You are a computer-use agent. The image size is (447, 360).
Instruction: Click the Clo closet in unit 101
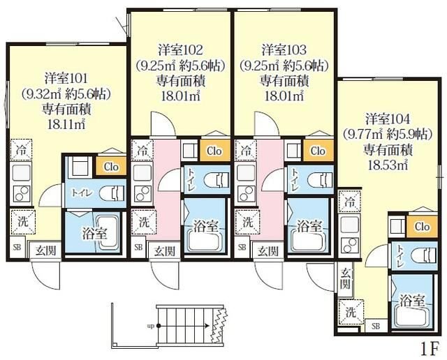pyautogui.click(x=111, y=166)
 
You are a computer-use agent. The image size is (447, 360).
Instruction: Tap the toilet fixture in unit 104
pyautogui.click(x=424, y=255)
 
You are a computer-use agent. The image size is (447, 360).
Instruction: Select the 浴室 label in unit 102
pyautogui.click(x=205, y=227)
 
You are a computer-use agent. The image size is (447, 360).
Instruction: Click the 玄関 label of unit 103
pyautogui.click(x=268, y=251)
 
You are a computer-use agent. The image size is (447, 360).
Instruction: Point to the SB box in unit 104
pyautogui.click(x=376, y=326)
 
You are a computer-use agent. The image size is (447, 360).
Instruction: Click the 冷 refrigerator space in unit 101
pyautogui.click(x=22, y=150)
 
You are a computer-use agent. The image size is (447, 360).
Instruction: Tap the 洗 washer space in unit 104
pyautogui.click(x=351, y=312)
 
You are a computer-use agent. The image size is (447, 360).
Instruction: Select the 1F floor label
pyautogui.click(x=429, y=349)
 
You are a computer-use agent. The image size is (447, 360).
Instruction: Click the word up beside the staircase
pyautogui.click(x=151, y=326)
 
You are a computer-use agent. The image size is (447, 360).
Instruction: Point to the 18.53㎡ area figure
pyautogui.click(x=388, y=165)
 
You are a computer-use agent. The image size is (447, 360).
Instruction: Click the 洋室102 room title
pyautogui.click(x=180, y=50)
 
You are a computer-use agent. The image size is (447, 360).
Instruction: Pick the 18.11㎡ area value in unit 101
pyautogui.click(x=66, y=125)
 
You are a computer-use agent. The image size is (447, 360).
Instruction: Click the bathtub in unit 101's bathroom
pyautogui.click(x=107, y=232)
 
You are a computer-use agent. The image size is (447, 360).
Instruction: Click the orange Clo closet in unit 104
pyautogui.click(x=422, y=227)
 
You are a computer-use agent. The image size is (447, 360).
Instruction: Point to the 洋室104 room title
pyautogui.click(x=388, y=119)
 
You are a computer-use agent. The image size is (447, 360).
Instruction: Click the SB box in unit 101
pyautogui.click(x=17, y=248)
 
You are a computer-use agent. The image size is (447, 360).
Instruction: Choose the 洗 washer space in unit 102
pyautogui.click(x=144, y=223)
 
